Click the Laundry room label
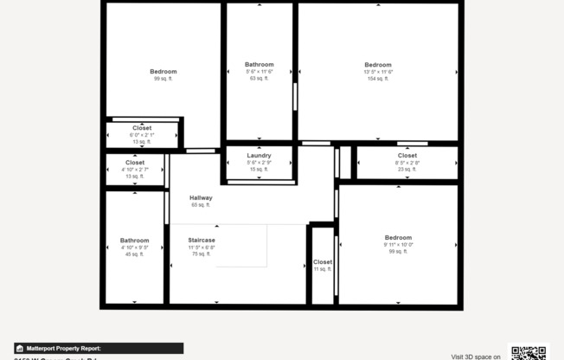(259, 155)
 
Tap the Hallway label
(201, 197)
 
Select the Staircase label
(202, 240)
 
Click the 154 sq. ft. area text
(378, 79)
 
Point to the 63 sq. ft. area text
(260, 78)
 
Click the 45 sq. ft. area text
(134, 254)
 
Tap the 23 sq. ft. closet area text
(407, 170)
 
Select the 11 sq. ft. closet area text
(322, 269)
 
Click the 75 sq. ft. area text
(202, 254)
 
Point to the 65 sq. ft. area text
(201, 205)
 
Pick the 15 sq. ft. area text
(259, 170)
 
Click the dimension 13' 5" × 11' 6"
(378, 72)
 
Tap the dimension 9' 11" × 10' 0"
(398, 244)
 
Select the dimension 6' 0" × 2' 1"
(142, 135)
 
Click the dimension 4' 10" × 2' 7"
(135, 169)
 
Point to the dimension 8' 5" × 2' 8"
(407, 163)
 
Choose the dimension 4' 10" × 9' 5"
(134, 247)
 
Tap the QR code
(528, 352)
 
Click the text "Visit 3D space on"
(476, 356)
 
